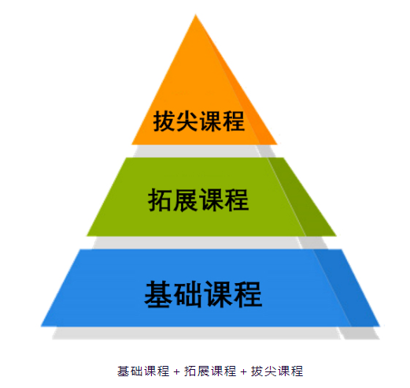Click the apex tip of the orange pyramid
coord(195,14)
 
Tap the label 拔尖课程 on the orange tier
coord(199,121)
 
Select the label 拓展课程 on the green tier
coord(198,200)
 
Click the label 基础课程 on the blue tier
coord(203,294)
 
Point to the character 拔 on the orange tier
coord(164,121)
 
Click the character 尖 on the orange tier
coord(187,121)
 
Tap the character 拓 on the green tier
coord(160,200)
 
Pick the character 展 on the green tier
coord(185,200)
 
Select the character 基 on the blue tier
coord(158,294)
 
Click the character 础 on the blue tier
coord(188,294)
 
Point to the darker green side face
coord(301,197)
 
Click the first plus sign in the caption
coord(177,371)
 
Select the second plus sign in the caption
coord(244,371)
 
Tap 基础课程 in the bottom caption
coord(143,371)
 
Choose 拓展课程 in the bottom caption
coord(210,371)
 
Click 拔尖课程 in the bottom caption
coord(277,371)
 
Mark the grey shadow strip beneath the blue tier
coord(215,333)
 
